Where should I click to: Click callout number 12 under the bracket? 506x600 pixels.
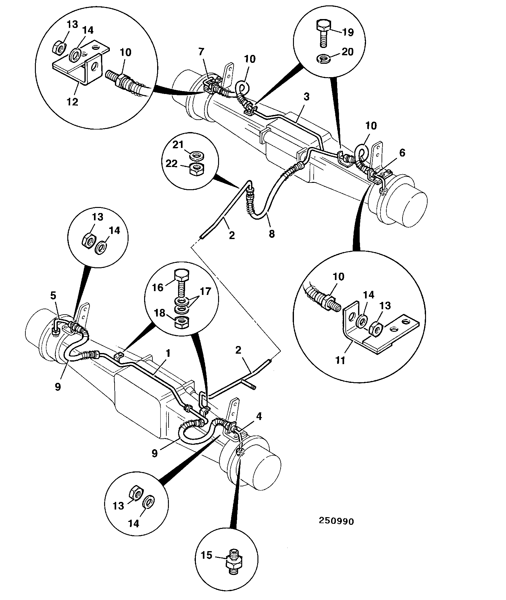click(x=72, y=102)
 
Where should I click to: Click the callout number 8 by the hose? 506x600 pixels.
click(x=272, y=234)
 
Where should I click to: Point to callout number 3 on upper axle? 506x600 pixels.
click(x=306, y=97)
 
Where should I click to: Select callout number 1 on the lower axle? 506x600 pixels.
click(x=169, y=353)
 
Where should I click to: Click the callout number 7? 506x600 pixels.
click(x=202, y=52)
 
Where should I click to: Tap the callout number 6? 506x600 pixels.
click(x=402, y=153)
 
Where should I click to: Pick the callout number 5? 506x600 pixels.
click(x=53, y=296)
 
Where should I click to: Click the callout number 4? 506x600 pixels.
click(x=259, y=416)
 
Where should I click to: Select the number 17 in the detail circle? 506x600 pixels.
click(x=205, y=291)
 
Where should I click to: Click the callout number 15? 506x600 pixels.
click(x=206, y=564)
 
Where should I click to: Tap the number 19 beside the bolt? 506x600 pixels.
click(x=348, y=32)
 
